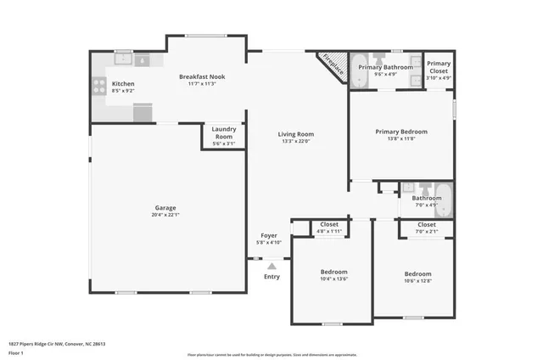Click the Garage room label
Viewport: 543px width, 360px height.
coord(165,207)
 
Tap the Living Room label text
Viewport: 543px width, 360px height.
coord(296,134)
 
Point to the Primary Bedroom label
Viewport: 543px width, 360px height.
coord(401,132)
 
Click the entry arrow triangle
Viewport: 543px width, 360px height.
coord(271,267)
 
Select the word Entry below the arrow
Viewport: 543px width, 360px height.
coord(271,277)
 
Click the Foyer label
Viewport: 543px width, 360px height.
coord(268,236)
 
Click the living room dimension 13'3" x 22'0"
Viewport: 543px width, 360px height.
coord(296,142)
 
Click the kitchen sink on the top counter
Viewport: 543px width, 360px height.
coord(124,59)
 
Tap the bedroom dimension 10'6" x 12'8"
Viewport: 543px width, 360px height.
coord(417,281)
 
